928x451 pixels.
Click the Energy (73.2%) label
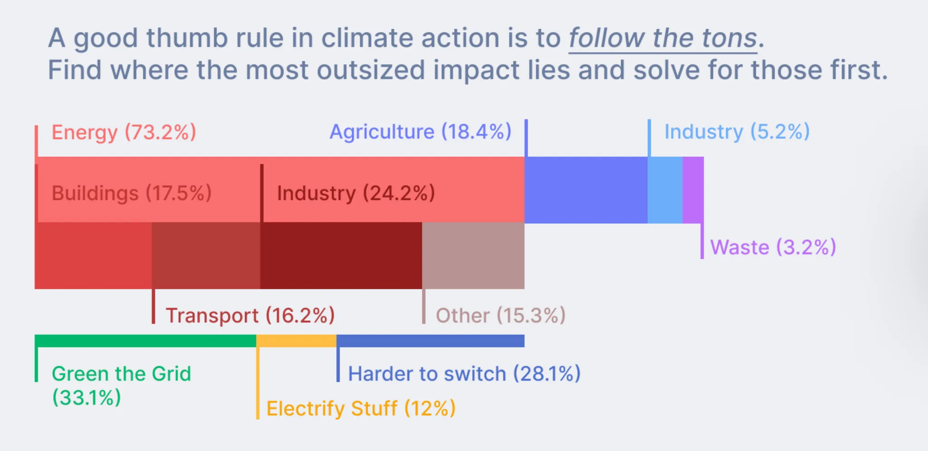click(x=124, y=132)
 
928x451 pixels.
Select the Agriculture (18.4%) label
click(x=420, y=132)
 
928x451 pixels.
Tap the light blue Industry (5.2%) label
click(x=737, y=132)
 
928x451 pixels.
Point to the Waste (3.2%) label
click(x=773, y=247)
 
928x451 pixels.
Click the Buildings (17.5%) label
click(x=131, y=193)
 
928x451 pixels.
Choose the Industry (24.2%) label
click(x=356, y=193)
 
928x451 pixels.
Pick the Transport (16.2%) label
click(x=250, y=315)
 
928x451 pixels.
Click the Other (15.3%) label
click(x=501, y=315)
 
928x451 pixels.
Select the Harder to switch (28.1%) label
click(x=464, y=374)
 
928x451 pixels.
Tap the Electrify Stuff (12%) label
click(x=361, y=408)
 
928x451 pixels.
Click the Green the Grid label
click(x=121, y=374)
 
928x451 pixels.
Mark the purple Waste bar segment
click(x=693, y=190)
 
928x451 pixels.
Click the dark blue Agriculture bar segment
click(x=586, y=190)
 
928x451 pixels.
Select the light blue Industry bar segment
click(x=665, y=190)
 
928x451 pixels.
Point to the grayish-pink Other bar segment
click(x=473, y=255)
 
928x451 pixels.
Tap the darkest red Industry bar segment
click(x=341, y=255)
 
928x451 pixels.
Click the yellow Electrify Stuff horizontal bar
click(x=296, y=341)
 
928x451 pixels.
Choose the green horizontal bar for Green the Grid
click(x=145, y=341)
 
